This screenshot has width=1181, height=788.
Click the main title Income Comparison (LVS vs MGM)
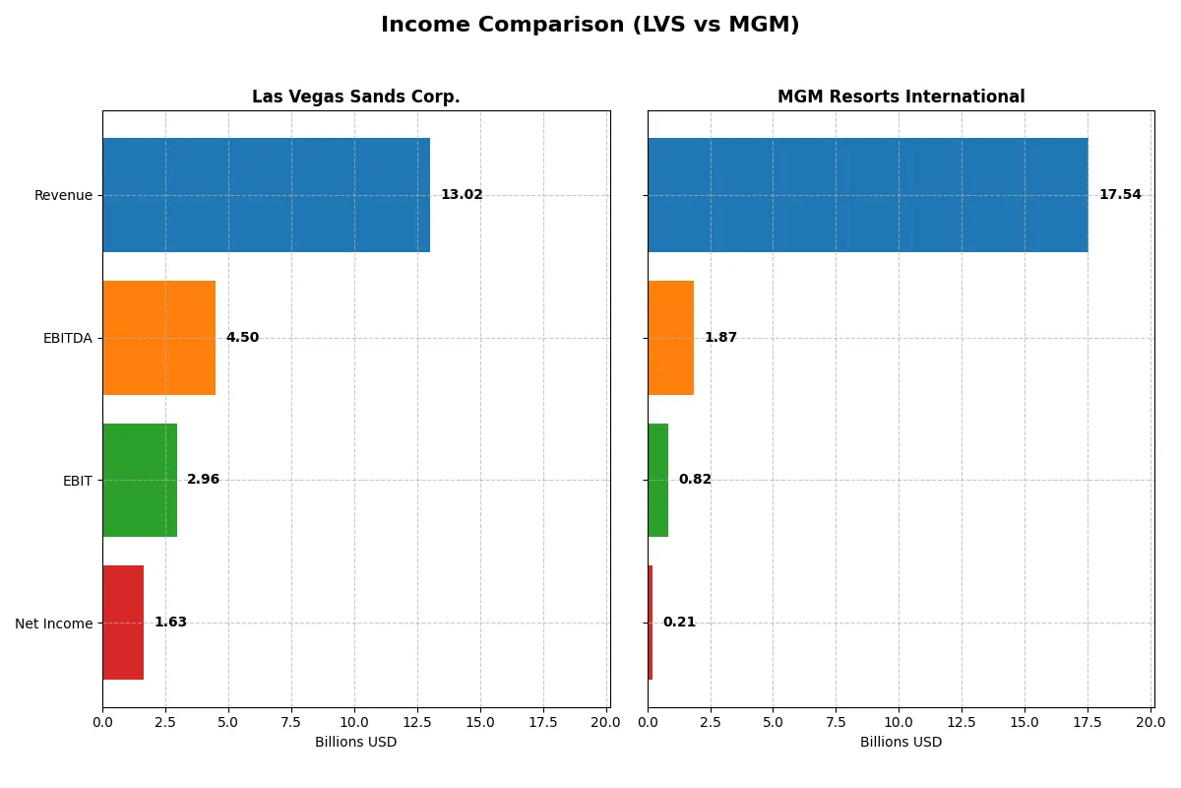tap(590, 26)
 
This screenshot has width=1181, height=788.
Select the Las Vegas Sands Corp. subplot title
tap(355, 97)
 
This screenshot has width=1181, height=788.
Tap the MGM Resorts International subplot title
tap(901, 97)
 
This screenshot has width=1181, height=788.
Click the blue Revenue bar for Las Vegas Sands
tap(266, 195)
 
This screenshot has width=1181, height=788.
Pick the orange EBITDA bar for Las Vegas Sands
tap(158, 338)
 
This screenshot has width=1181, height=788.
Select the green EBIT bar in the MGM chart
tap(657, 480)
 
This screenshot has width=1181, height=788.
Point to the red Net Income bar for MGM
tap(651, 623)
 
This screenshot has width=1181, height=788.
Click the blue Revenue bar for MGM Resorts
tap(867, 195)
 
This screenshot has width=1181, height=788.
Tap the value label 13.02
tap(462, 195)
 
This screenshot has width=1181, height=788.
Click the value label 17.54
tap(1120, 195)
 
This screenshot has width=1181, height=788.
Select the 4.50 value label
tap(242, 338)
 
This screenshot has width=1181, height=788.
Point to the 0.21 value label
tap(679, 623)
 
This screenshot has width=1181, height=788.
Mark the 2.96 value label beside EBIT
tap(203, 480)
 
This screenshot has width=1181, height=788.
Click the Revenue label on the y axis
tap(63, 195)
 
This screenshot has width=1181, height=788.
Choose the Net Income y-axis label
tap(53, 624)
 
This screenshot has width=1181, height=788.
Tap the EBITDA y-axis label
tap(67, 338)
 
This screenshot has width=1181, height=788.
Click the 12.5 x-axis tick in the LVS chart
tap(417, 722)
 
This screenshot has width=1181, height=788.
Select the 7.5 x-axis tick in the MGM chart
tap(836, 722)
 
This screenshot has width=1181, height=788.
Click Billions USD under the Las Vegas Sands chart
tap(355, 743)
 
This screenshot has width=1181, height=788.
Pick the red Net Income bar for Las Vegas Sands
tap(123, 623)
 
